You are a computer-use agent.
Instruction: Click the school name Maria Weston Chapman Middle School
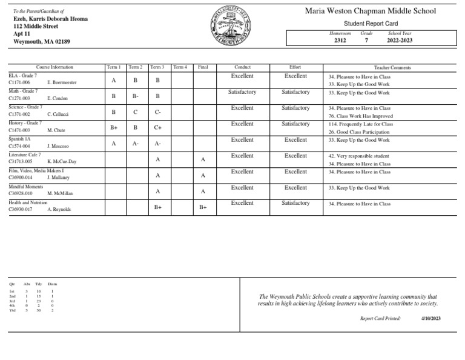click(370, 11)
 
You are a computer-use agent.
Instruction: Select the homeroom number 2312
click(340, 41)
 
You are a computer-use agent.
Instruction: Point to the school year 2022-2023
click(400, 41)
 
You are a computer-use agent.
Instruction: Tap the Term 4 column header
click(180, 67)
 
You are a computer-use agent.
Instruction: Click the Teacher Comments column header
click(392, 68)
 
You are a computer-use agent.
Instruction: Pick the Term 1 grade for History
click(114, 128)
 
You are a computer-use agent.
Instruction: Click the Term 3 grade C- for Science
click(157, 112)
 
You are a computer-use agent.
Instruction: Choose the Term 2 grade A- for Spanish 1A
click(136, 144)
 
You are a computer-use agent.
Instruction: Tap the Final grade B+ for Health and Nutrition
click(203, 207)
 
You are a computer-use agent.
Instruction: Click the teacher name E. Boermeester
click(62, 82)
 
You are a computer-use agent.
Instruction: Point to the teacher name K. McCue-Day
click(62, 162)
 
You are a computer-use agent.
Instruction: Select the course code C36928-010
click(21, 193)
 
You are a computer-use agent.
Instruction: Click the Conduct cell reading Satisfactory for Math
click(242, 92)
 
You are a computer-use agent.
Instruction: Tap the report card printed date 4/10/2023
click(430, 318)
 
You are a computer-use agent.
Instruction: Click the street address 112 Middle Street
click(36, 27)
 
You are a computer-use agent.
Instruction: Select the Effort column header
click(295, 67)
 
